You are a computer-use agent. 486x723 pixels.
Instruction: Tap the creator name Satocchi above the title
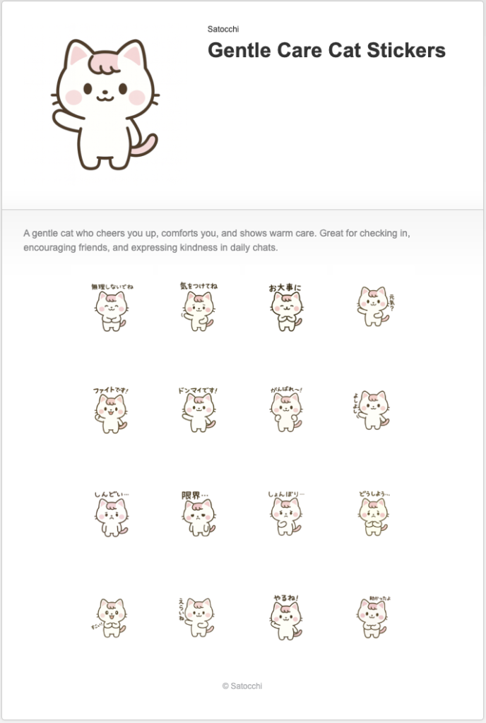point(223,29)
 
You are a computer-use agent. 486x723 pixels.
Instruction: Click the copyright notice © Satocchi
point(242,686)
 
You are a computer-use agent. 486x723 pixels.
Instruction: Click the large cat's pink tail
point(146,145)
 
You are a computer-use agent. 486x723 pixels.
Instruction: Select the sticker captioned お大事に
point(285,308)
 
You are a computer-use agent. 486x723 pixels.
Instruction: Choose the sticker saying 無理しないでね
point(111,308)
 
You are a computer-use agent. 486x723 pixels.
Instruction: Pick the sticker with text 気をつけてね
point(198,308)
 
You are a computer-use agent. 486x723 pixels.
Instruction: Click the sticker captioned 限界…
point(198,515)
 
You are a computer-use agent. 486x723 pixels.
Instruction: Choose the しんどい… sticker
point(111,515)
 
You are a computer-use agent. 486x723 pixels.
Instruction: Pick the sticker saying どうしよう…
point(373,515)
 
